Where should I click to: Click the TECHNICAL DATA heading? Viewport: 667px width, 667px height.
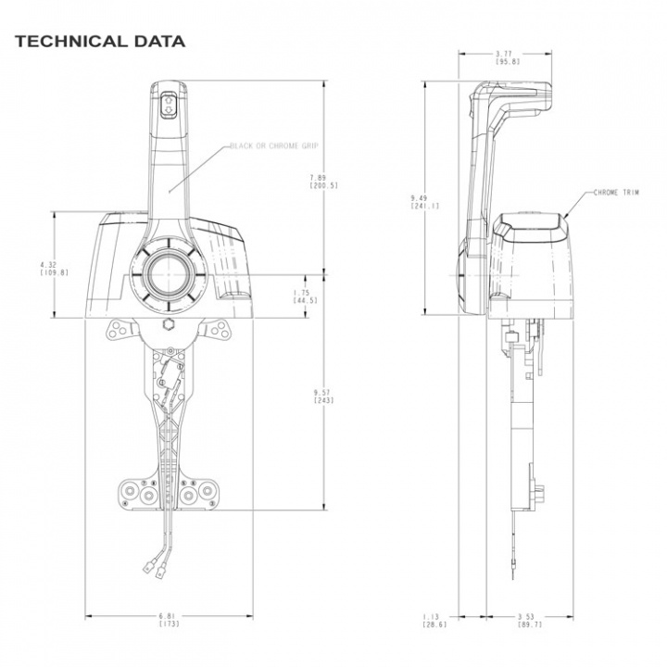coord(100,42)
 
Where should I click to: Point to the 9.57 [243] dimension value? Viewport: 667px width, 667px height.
coord(323,396)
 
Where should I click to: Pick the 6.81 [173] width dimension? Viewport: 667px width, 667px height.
coord(169,620)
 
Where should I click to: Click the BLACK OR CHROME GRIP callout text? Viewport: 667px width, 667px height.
coord(274,146)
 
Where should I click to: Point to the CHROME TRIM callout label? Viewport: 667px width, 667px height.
coord(616,193)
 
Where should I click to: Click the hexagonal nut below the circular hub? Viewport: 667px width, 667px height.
coord(168,325)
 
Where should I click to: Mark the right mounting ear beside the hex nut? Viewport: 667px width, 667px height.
coord(218,329)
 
